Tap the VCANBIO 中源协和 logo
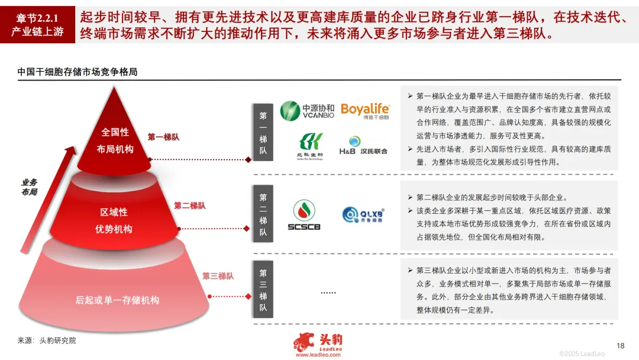[307, 111]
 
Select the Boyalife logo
[365, 111]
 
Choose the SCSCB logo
[304, 215]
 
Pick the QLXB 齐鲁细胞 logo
[363, 214]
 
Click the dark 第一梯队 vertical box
[263, 134]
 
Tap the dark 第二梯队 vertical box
[263, 215]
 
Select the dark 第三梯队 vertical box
[263, 290]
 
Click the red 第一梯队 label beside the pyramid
[163, 137]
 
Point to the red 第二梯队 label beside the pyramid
[189, 205]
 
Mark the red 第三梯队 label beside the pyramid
[218, 276]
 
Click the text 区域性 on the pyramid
[114, 212]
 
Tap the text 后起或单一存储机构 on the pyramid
[117, 300]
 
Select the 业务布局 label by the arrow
[29, 187]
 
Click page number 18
[620, 346]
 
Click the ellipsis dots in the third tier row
[328, 292]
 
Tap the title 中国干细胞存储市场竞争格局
[78, 72]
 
